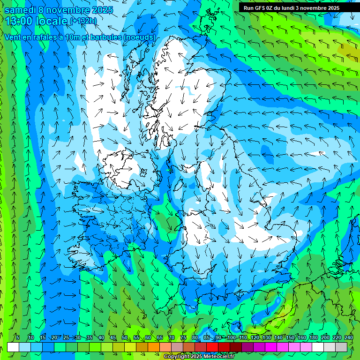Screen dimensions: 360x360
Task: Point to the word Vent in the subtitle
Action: tap(13, 37)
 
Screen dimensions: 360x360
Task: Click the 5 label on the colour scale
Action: tap(18, 338)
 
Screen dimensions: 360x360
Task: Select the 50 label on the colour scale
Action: tap(125, 338)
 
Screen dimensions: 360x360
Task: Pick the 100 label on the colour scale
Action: tap(231, 338)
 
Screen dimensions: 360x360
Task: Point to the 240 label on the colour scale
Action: tap(348, 338)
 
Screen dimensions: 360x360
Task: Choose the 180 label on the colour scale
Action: tap(313, 338)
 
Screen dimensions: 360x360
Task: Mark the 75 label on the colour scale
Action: tap(183, 338)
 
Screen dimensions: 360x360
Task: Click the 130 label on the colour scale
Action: tap(266, 338)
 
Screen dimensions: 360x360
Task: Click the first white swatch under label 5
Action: tap(13, 347)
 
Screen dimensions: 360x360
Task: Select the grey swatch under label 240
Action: tap(342, 347)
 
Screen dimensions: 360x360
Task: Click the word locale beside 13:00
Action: tap(52, 21)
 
